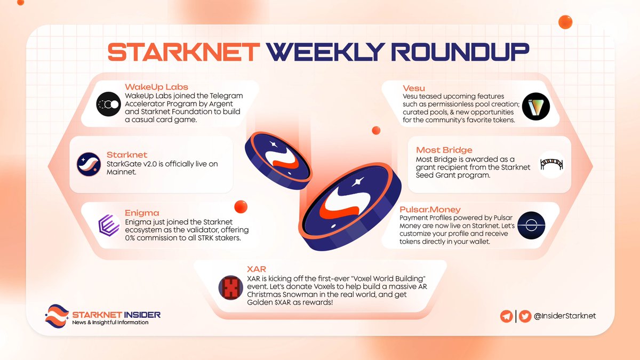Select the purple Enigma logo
coord(109,225)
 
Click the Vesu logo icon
coord(535,106)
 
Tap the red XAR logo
coord(231,289)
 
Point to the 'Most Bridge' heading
coord(444,149)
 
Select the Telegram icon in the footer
coord(507,316)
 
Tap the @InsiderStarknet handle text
coord(565,316)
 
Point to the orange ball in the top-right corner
coord(565,22)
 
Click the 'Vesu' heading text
coord(415,86)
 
